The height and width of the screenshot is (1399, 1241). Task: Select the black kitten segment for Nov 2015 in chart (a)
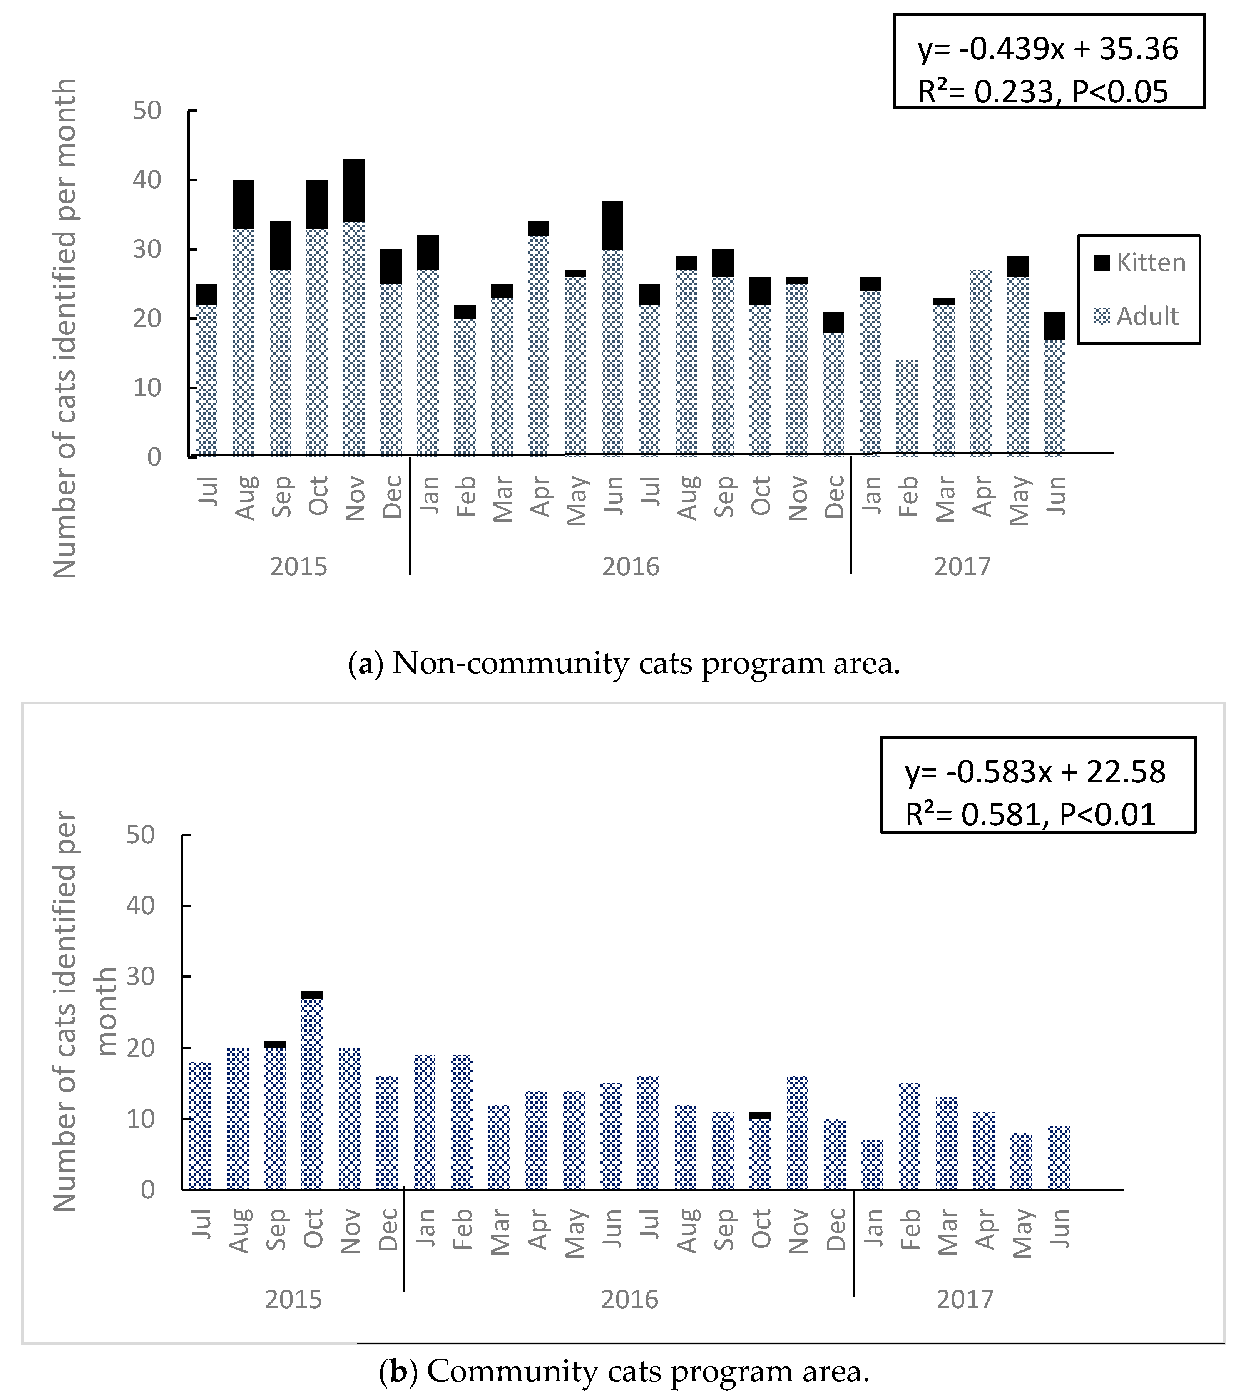[354, 190]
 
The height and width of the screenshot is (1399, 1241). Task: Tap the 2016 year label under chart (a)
[630, 567]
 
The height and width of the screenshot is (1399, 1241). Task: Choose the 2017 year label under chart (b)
[964, 1299]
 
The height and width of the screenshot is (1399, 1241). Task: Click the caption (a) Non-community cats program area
[624, 664]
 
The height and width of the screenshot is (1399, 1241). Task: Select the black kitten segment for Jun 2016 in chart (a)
[612, 225]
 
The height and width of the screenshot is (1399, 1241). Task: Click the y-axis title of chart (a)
[65, 328]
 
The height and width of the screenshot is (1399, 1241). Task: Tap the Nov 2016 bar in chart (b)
[798, 1133]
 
